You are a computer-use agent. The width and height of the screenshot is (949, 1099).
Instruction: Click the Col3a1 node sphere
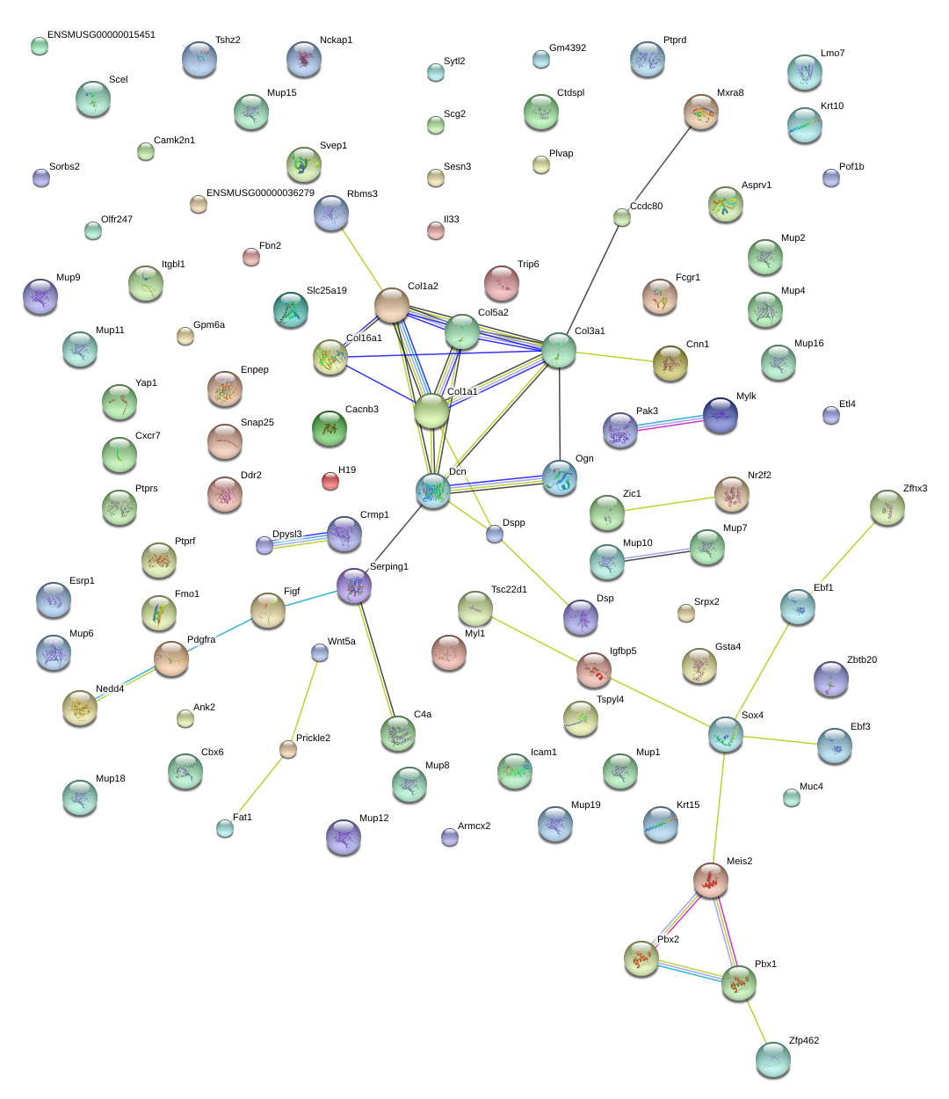pyautogui.click(x=559, y=350)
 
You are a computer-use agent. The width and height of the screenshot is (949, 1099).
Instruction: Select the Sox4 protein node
pyautogui.click(x=726, y=734)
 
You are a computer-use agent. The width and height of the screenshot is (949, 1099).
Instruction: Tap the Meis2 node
pyautogui.click(x=711, y=879)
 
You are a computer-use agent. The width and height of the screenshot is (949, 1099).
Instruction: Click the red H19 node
pyautogui.click(x=330, y=481)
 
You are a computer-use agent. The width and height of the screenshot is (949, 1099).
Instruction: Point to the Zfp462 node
pyautogui.click(x=772, y=1059)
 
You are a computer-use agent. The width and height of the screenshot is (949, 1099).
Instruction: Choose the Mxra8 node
pyautogui.click(x=701, y=112)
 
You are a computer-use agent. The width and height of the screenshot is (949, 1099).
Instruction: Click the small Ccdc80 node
pyautogui.click(x=622, y=217)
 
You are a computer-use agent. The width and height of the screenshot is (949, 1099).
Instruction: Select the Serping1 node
pyautogui.click(x=354, y=586)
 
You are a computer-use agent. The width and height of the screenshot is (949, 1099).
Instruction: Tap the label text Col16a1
pyautogui.click(x=364, y=338)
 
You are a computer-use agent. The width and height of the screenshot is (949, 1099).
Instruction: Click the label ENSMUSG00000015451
pyautogui.click(x=101, y=35)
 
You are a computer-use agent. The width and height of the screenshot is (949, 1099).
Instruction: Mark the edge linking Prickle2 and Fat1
pyautogui.click(x=257, y=788)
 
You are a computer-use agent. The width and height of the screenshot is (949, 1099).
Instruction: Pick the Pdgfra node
pyautogui.click(x=171, y=659)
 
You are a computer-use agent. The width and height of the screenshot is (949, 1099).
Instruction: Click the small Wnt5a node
pyautogui.click(x=320, y=652)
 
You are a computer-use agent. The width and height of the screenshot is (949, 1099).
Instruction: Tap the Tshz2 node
pyautogui.click(x=199, y=59)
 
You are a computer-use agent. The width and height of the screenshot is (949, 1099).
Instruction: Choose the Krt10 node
pyautogui.click(x=805, y=126)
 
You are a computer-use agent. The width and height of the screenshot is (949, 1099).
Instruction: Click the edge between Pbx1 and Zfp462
pyautogui.click(x=756, y=1021)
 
